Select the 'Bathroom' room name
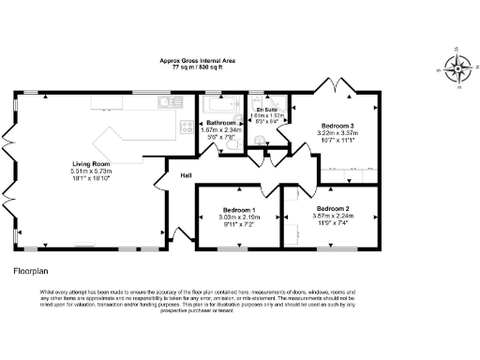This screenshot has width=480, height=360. click(222, 123)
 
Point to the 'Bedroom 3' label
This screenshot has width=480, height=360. click(338, 126)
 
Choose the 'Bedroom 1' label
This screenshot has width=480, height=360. click(239, 210)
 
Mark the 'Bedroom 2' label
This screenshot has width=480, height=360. click(333, 208)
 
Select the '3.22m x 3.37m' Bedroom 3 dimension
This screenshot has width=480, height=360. click(338, 134)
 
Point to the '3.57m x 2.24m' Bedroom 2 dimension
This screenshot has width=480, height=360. click(333, 217)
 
